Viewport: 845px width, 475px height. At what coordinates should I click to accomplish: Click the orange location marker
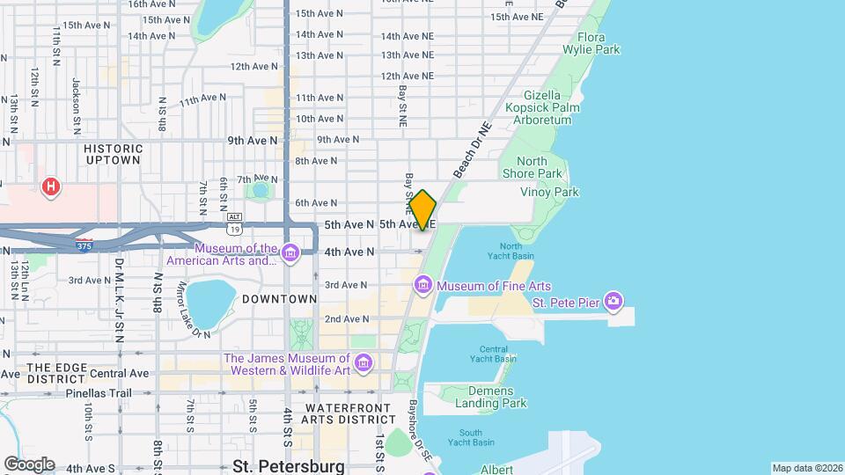coord(422,210)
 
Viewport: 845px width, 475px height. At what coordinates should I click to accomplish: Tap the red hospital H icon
coord(52,186)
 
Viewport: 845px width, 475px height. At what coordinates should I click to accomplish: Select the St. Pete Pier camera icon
coord(614,302)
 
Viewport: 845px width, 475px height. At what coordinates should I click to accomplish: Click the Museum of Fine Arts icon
coord(423,285)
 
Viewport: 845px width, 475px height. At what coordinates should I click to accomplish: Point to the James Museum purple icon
coord(363,363)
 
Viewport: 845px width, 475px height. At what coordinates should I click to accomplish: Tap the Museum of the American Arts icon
coord(290,253)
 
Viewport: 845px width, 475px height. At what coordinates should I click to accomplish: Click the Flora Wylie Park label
coord(599,44)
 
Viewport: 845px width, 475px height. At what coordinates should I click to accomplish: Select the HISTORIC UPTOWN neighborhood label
coord(113,154)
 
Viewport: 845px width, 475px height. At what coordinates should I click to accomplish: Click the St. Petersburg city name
coord(289,465)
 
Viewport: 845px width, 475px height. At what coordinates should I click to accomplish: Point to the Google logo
coord(29,464)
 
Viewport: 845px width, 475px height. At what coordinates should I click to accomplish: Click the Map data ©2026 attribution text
coord(806,468)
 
